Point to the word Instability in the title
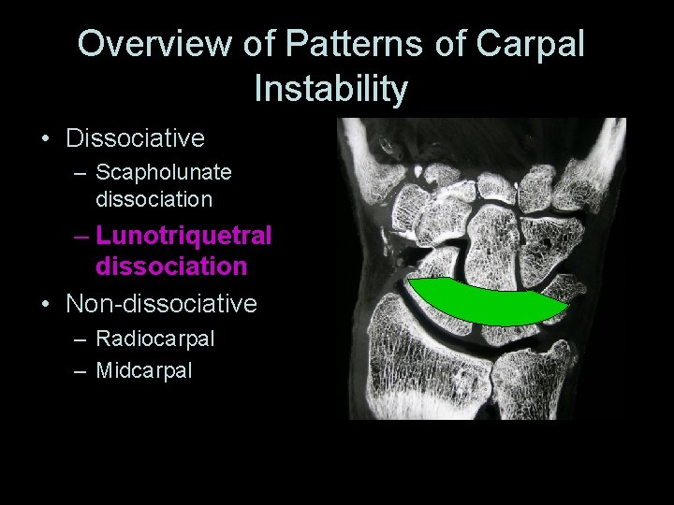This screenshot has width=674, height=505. (x=330, y=89)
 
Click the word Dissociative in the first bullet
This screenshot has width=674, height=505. (x=135, y=138)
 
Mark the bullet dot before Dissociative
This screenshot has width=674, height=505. (x=46, y=139)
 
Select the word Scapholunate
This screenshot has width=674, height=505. (x=164, y=173)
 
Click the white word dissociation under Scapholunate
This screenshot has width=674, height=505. (x=154, y=199)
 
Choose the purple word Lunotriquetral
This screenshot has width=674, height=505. (x=183, y=236)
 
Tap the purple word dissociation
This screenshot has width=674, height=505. (x=171, y=267)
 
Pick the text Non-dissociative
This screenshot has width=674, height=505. (x=161, y=304)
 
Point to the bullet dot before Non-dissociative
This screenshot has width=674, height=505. (x=46, y=305)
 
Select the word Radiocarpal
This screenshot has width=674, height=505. (x=155, y=339)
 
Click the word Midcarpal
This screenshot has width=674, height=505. (x=144, y=369)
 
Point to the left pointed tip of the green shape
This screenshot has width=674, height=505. (x=408, y=281)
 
